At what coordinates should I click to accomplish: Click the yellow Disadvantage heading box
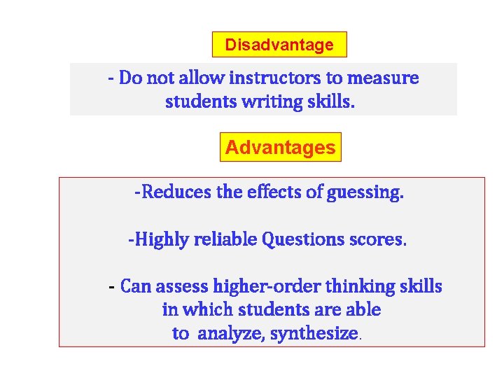pos(279,45)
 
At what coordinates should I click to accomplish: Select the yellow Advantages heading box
pos(281,148)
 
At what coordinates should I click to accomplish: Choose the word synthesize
pos(314,334)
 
